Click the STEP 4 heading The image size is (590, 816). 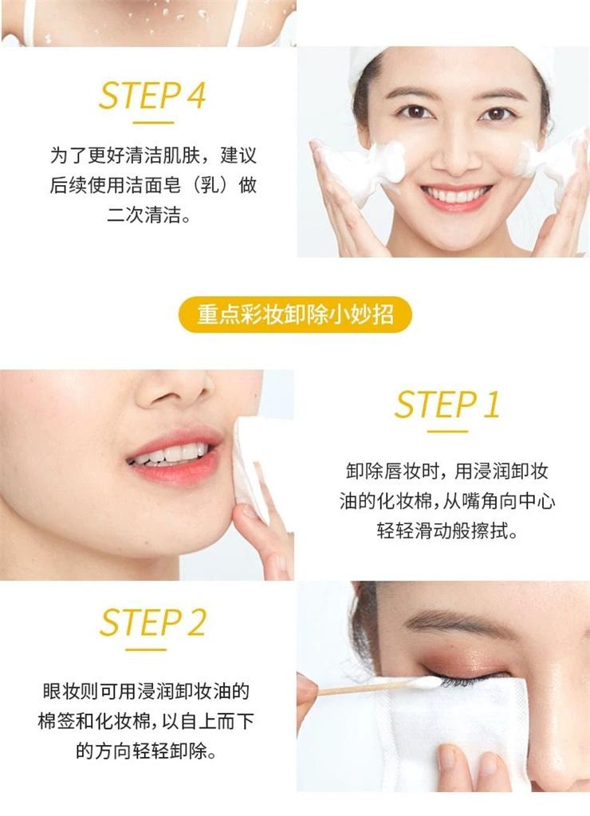pos(152,96)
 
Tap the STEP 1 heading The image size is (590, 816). pos(447,404)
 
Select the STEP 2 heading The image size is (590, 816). pos(152,622)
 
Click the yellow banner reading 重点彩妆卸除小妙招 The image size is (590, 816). pos(295,315)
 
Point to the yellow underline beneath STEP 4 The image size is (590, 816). pos(153,124)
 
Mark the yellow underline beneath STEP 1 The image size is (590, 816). pos(447,432)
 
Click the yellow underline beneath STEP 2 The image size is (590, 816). pos(146,649)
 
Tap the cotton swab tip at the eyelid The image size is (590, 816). pos(424,682)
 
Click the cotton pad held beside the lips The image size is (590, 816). pos(250,468)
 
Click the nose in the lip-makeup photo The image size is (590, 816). pos(175,388)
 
